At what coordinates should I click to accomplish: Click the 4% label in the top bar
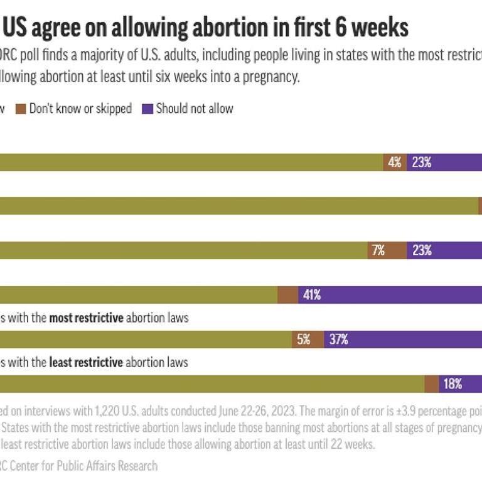tap(395, 162)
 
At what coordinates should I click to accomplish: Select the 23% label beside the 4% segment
tap(421, 162)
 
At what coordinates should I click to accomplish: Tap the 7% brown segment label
tap(378, 250)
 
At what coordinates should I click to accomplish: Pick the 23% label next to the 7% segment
tap(421, 250)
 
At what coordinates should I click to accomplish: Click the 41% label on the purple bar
tap(312, 295)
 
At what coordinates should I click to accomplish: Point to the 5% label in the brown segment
tap(304, 340)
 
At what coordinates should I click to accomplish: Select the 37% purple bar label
tap(339, 340)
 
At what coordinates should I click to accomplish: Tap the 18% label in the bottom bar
tap(453, 384)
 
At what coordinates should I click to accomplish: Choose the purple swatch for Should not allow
tap(147, 109)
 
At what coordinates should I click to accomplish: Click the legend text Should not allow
tap(195, 109)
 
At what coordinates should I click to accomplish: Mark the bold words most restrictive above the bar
tap(95, 318)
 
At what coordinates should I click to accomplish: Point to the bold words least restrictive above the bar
tap(86, 362)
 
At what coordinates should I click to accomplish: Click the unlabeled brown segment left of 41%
tap(287, 295)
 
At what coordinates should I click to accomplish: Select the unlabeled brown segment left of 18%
tap(431, 384)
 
